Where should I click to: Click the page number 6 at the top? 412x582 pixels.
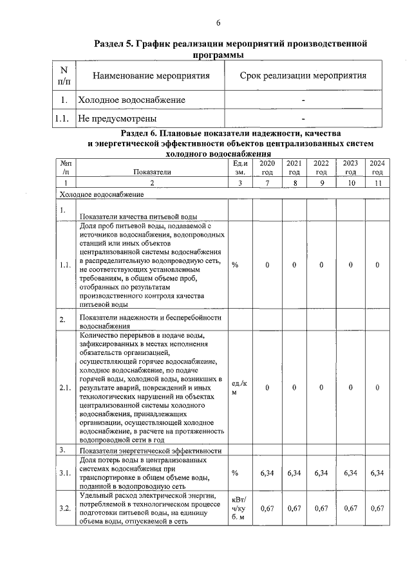coord(218,24)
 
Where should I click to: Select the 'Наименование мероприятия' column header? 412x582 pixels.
coord(152,76)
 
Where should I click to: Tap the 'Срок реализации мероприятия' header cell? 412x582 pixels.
coord(303,76)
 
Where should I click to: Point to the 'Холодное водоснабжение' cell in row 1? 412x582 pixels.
coord(131,100)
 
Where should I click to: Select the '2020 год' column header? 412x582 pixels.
coord(267,168)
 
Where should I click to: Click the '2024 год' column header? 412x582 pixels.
coord(377,168)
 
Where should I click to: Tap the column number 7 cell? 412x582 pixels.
coord(267,184)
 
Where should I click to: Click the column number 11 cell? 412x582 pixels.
coord(377,184)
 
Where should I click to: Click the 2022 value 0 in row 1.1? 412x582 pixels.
coord(321,266)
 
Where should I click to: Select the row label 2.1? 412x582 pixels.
coord(65,388)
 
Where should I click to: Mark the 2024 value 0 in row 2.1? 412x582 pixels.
coord(377,388)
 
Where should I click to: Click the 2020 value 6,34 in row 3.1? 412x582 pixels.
coord(267,473)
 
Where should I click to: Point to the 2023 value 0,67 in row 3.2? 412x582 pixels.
coord(350,509)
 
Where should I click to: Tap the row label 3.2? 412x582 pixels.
coord(65,509)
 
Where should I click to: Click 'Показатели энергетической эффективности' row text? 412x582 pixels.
coord(150,451)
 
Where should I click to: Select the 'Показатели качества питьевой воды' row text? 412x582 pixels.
coord(138,216)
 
